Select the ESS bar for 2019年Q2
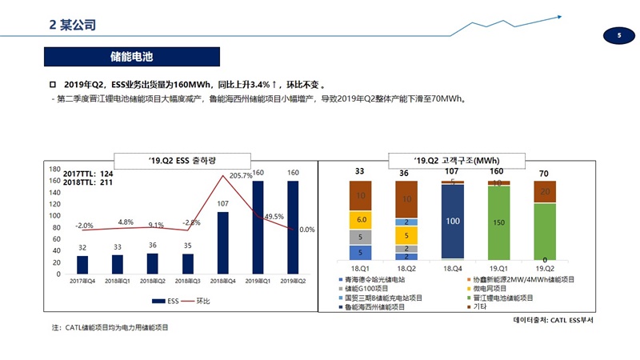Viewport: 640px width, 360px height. click(292, 227)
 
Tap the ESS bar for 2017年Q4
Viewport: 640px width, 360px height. click(82, 264)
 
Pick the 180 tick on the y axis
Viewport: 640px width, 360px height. click(55, 170)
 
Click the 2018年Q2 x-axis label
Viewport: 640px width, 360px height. click(152, 282)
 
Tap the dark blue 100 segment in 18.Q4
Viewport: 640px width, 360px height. click(453, 221)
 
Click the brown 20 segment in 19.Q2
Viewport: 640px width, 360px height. click(544, 192)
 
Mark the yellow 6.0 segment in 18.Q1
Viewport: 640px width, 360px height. click(361, 219)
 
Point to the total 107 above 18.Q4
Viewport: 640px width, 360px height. click(452, 171)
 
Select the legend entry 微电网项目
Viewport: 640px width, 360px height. click(497, 288)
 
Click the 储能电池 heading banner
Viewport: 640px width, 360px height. click(130, 58)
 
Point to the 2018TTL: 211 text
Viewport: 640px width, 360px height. click(88, 182)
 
